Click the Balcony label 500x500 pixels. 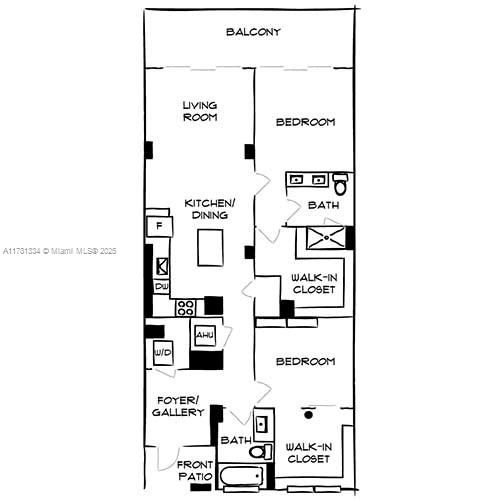point(253,32)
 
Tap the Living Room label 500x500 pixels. point(200,111)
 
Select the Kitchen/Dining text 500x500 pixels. point(210,209)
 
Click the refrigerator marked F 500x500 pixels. point(160,226)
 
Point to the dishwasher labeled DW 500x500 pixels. point(162,286)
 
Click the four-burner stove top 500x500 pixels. point(185,308)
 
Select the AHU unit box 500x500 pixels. point(205,335)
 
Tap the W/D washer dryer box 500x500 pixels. point(163,353)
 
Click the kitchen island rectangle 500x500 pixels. point(210,248)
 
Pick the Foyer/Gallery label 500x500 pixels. point(178,406)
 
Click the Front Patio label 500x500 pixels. point(195,470)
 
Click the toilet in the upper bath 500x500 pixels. point(341,183)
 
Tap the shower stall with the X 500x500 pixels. point(326,238)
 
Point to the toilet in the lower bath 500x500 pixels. point(261,452)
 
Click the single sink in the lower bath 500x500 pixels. point(262,424)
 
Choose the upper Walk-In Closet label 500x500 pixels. point(314,283)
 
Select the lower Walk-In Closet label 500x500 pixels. point(309,453)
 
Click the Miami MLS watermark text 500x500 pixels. point(60,251)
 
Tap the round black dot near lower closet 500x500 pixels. point(309,415)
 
